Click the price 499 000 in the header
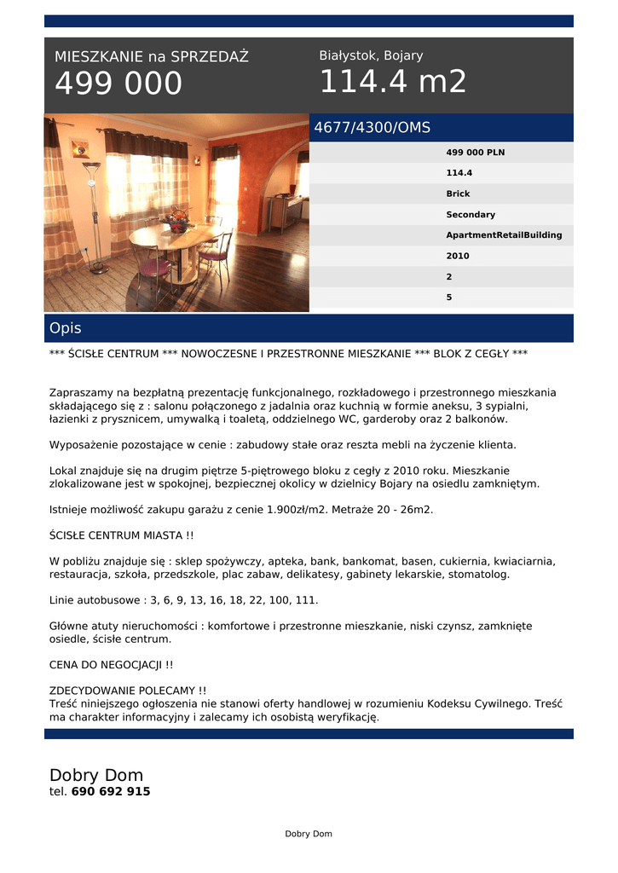click(x=118, y=84)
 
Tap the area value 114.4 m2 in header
click(x=393, y=83)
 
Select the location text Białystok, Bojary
click(x=371, y=55)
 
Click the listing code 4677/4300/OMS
click(x=373, y=128)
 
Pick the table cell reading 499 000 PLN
click(x=475, y=153)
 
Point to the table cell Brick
click(x=458, y=194)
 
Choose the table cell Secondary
click(x=471, y=215)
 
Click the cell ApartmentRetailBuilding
click(x=504, y=235)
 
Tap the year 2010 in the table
click(x=458, y=256)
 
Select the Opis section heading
click(x=66, y=328)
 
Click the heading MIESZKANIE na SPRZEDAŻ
click(x=152, y=57)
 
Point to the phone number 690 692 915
click(x=111, y=792)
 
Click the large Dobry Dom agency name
click(x=96, y=775)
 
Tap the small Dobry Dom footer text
click(x=309, y=834)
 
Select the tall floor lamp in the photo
click(x=92, y=213)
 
